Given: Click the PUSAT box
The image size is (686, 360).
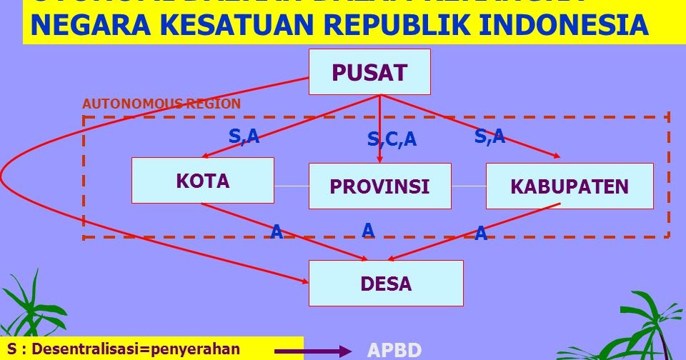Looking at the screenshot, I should pyautogui.click(x=369, y=72).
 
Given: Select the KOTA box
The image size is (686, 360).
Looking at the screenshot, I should pyautogui.click(x=203, y=180).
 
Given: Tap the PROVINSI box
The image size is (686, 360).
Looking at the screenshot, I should pyautogui.click(x=379, y=186).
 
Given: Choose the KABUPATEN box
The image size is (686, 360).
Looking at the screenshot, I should pyautogui.click(x=570, y=186).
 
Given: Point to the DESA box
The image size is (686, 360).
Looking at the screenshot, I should pyautogui.click(x=386, y=283).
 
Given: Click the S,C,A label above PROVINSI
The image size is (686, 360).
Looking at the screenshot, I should pyautogui.click(x=392, y=140).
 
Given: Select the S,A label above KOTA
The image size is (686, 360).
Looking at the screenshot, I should pyautogui.click(x=244, y=136).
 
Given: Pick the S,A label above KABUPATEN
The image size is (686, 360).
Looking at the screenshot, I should pyautogui.click(x=489, y=136).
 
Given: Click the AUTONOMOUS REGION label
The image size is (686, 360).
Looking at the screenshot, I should pyautogui.click(x=161, y=104).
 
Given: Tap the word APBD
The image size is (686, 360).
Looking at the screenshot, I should pyautogui.click(x=394, y=350).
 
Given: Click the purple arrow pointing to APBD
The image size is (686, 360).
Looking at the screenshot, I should pyautogui.click(x=313, y=351).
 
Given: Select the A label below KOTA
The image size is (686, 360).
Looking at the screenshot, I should pyautogui.click(x=277, y=231).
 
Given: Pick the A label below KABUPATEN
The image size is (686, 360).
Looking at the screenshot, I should pyautogui.click(x=481, y=233).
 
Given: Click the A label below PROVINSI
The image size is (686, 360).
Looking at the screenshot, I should pyautogui.click(x=368, y=230).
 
